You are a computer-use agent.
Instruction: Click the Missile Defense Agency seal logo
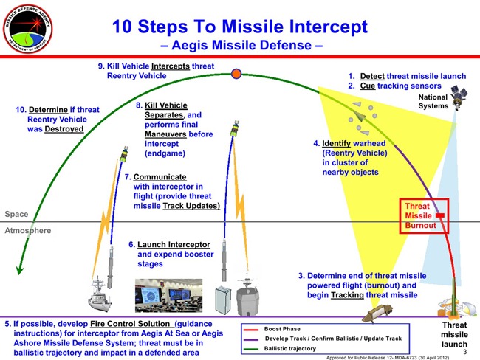pyautogui.click(x=29, y=29)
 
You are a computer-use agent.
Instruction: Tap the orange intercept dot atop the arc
pyautogui.click(x=236, y=73)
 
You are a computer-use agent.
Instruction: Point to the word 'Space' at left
pyautogui.click(x=16, y=214)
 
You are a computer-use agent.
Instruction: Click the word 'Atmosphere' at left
pyautogui.click(x=29, y=230)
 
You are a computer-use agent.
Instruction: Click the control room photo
pyautogui.click(x=168, y=296)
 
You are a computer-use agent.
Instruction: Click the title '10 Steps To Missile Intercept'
pyautogui.click(x=239, y=27)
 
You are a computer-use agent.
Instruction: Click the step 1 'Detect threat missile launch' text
pyautogui.click(x=407, y=76)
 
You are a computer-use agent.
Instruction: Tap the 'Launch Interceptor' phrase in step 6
pyautogui.click(x=174, y=244)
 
